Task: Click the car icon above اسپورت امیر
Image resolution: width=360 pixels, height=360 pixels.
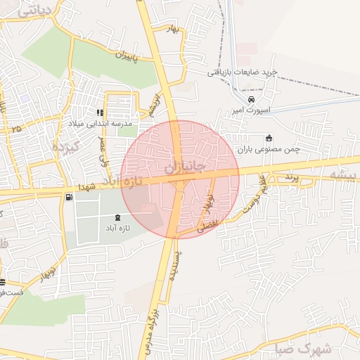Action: (242, 99)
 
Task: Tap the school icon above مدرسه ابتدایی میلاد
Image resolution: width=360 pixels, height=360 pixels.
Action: (101, 112)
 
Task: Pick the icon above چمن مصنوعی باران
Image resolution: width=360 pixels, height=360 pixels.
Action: (267, 137)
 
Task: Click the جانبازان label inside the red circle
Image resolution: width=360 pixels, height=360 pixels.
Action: (184, 169)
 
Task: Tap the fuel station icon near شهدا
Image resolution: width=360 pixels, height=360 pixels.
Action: (68, 198)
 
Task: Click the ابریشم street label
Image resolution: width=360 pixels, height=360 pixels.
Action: (154, 106)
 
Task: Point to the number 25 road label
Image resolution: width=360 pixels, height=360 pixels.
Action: (16, 129)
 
